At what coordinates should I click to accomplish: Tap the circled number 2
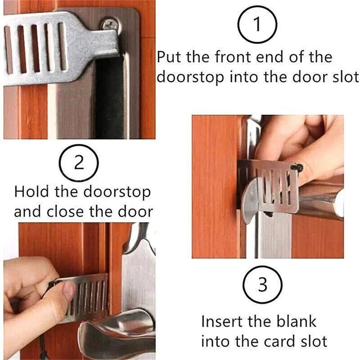click(79, 164)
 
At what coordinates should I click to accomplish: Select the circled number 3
click(263, 285)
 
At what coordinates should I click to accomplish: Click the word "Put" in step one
click(171, 58)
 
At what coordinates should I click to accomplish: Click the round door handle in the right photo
click(320, 200)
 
